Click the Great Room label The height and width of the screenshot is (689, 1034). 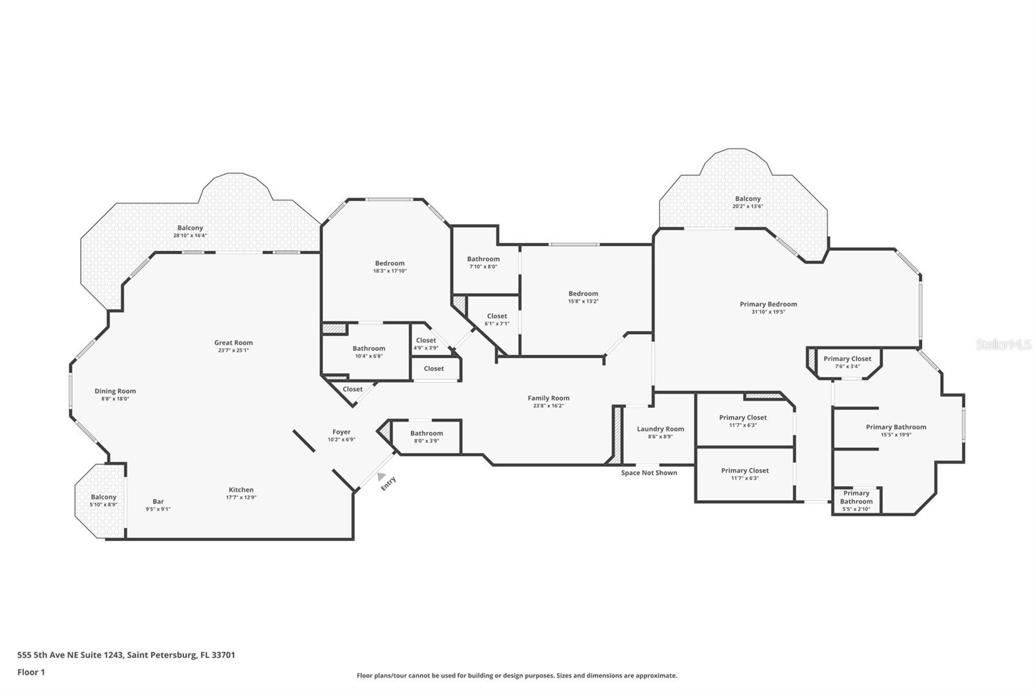(x=233, y=343)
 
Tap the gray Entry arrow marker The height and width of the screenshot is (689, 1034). (x=382, y=476)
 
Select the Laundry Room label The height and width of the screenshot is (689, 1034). (x=660, y=429)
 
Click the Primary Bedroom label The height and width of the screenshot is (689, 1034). (x=768, y=304)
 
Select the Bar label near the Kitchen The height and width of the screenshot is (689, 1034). (x=158, y=502)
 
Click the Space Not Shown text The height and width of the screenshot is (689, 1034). (x=649, y=473)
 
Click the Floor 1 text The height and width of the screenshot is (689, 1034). (x=31, y=672)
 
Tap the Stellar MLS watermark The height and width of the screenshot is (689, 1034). (x=1004, y=345)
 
